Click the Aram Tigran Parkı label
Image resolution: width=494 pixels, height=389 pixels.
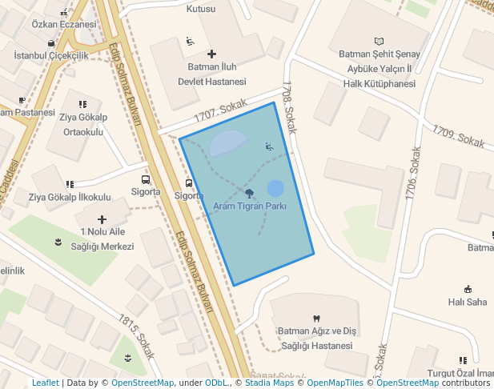250,206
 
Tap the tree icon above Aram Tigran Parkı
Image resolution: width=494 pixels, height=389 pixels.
250,192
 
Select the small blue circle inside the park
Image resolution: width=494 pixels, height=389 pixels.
275,188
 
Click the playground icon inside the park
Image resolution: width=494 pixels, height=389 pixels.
268,146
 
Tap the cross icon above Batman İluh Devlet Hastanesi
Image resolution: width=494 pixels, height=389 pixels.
211,54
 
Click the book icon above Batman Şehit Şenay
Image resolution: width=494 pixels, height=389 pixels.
379,41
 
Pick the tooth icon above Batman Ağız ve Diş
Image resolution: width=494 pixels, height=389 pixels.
315,318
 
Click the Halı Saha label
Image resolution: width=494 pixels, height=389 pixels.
468,302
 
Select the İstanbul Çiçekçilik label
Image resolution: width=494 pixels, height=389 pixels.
51,56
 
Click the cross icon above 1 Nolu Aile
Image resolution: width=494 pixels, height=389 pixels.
102,219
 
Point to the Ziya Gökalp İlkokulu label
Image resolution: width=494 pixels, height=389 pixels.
70,197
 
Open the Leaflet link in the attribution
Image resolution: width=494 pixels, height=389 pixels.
45,383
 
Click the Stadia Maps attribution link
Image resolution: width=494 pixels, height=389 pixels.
269,383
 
